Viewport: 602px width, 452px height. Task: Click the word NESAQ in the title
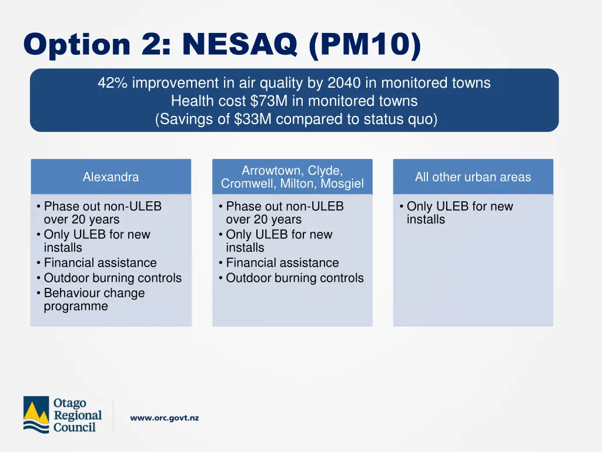coord(240,45)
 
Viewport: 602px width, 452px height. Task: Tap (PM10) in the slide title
coord(364,45)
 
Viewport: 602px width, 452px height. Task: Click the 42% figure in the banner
coord(112,83)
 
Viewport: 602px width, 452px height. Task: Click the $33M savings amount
coord(250,119)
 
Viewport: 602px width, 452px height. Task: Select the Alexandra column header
coord(111,177)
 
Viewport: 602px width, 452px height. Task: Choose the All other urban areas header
coord(473,177)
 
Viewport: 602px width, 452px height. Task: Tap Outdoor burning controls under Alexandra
coord(112,278)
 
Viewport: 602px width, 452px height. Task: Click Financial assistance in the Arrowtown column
coord(282,262)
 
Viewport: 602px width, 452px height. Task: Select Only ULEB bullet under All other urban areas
coord(459,212)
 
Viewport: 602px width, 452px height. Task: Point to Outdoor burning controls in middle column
coord(295,278)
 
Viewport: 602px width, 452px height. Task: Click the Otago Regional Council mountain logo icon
coord(36,414)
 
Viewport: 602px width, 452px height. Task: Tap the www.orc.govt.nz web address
coord(165,418)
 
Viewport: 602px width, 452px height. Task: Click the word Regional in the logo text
coord(78,415)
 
